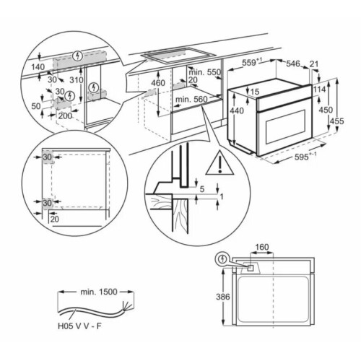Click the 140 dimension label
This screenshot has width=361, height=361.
coord(38,66)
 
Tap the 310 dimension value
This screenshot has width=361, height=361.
coord(77,80)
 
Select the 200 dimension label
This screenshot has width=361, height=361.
coord(65,116)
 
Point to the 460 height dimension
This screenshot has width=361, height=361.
coord(158,83)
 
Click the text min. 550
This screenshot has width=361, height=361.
coord(204,72)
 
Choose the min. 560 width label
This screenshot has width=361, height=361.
coord(191,99)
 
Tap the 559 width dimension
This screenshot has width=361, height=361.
coord(251,63)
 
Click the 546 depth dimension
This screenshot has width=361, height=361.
coord(293,64)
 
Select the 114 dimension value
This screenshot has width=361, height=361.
coord(319,90)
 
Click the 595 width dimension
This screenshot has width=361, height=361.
coord(305,157)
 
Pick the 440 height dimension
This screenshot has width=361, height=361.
coord(237,110)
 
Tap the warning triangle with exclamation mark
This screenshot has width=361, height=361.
coord(219,163)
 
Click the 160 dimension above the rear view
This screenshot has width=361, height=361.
coord(261,247)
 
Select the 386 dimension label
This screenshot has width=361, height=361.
coord(223,297)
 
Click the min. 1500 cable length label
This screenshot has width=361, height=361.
coord(99,292)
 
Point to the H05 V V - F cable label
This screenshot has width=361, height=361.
coord(79,326)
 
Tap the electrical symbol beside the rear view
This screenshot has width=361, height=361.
coord(223,259)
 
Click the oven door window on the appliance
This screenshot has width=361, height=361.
coord(285,127)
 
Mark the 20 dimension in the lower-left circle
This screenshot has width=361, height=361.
coord(55,219)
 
